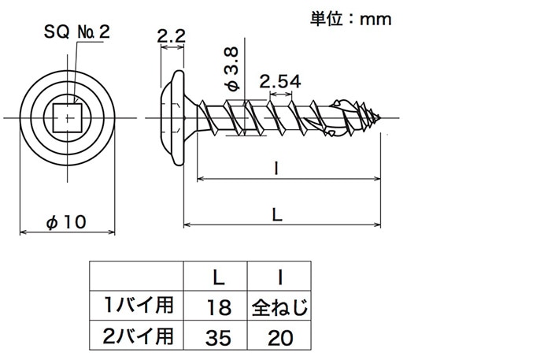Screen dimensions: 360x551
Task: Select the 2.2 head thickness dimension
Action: (x=170, y=35)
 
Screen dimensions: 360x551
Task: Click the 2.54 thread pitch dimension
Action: (x=275, y=80)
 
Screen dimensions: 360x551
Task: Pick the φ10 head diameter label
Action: (x=66, y=222)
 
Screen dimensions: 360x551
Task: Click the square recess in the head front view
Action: (x=67, y=117)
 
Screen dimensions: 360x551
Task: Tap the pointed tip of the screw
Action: (x=388, y=119)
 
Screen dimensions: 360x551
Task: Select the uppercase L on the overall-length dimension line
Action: (x=276, y=213)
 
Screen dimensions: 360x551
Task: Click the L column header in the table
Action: (x=220, y=277)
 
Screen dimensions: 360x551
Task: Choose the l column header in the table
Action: (x=275, y=277)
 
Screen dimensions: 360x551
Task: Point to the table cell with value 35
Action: (x=220, y=338)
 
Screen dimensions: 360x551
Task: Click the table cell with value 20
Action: (x=275, y=338)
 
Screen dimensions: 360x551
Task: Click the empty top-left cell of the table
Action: (x=139, y=277)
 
